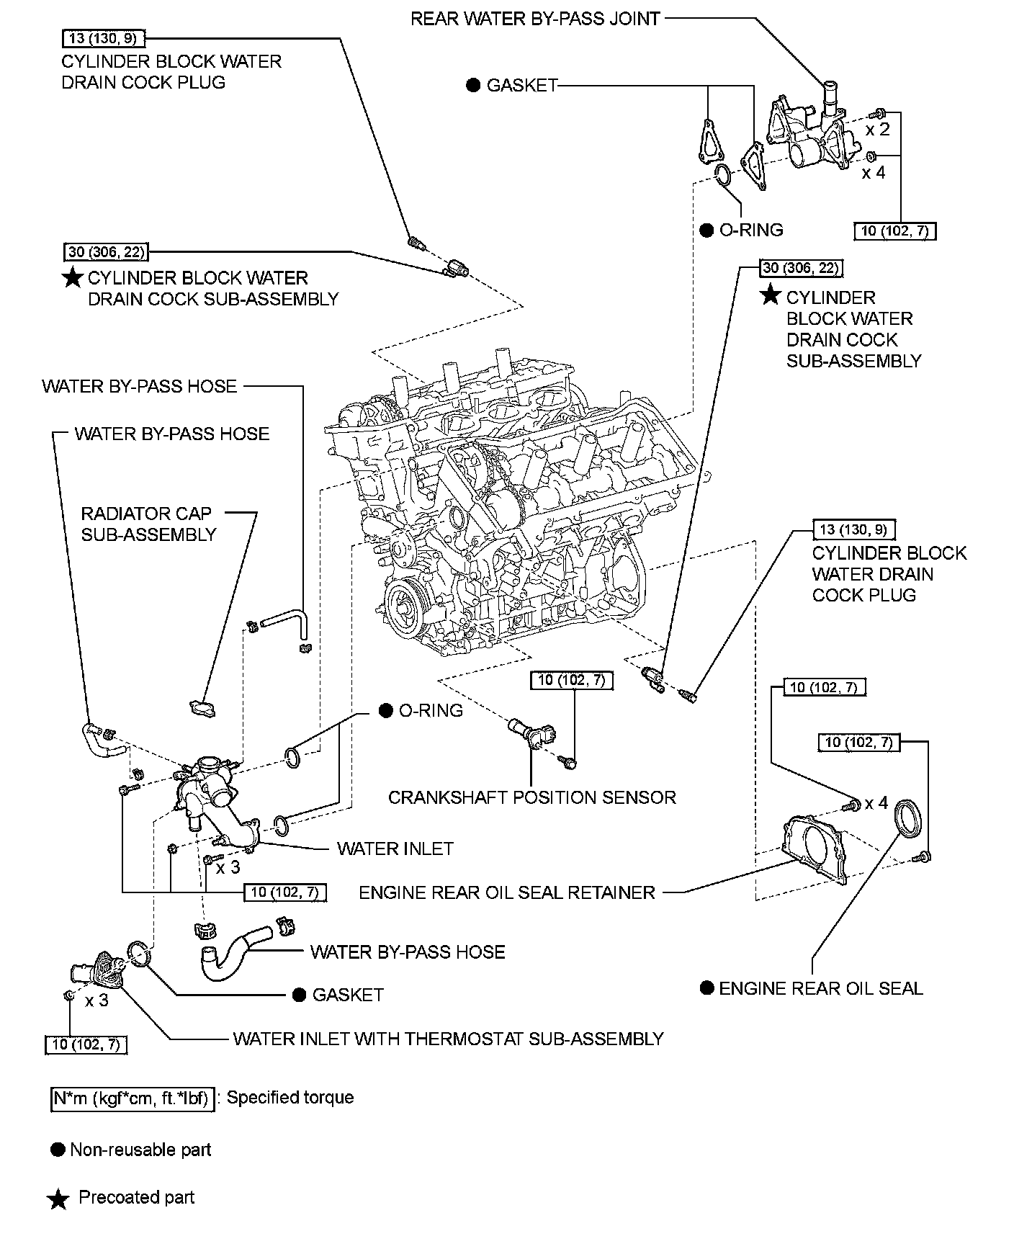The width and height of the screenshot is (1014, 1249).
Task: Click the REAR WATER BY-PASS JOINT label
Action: click(x=535, y=19)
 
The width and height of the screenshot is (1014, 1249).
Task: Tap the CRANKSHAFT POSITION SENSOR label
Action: click(x=531, y=797)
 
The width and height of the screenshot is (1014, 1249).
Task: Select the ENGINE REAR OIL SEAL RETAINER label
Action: click(x=507, y=892)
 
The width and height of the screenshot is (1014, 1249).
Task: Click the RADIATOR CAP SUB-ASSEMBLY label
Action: click(x=148, y=524)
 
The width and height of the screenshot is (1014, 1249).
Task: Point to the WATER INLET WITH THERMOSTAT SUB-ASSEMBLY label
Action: click(x=448, y=1039)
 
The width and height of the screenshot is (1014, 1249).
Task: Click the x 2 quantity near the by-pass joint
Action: click(x=877, y=130)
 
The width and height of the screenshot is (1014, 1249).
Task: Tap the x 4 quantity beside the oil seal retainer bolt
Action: click(x=876, y=802)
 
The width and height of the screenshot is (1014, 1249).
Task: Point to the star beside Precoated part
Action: click(x=58, y=1199)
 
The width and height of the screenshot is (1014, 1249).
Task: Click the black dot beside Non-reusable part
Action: click(x=58, y=1150)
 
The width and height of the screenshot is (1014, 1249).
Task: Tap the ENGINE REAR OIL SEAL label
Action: click(x=820, y=988)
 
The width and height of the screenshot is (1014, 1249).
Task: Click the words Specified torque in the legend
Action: click(x=290, y=1098)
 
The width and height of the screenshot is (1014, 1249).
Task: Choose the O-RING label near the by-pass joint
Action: click(x=750, y=230)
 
